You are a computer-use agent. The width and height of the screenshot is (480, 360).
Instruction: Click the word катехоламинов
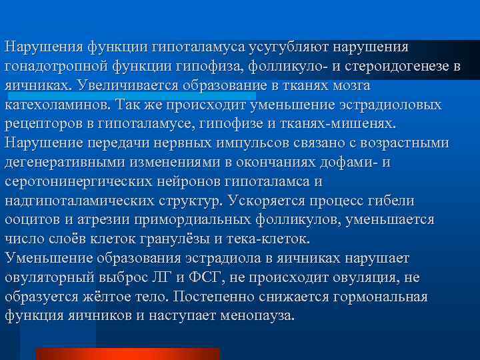57,105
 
